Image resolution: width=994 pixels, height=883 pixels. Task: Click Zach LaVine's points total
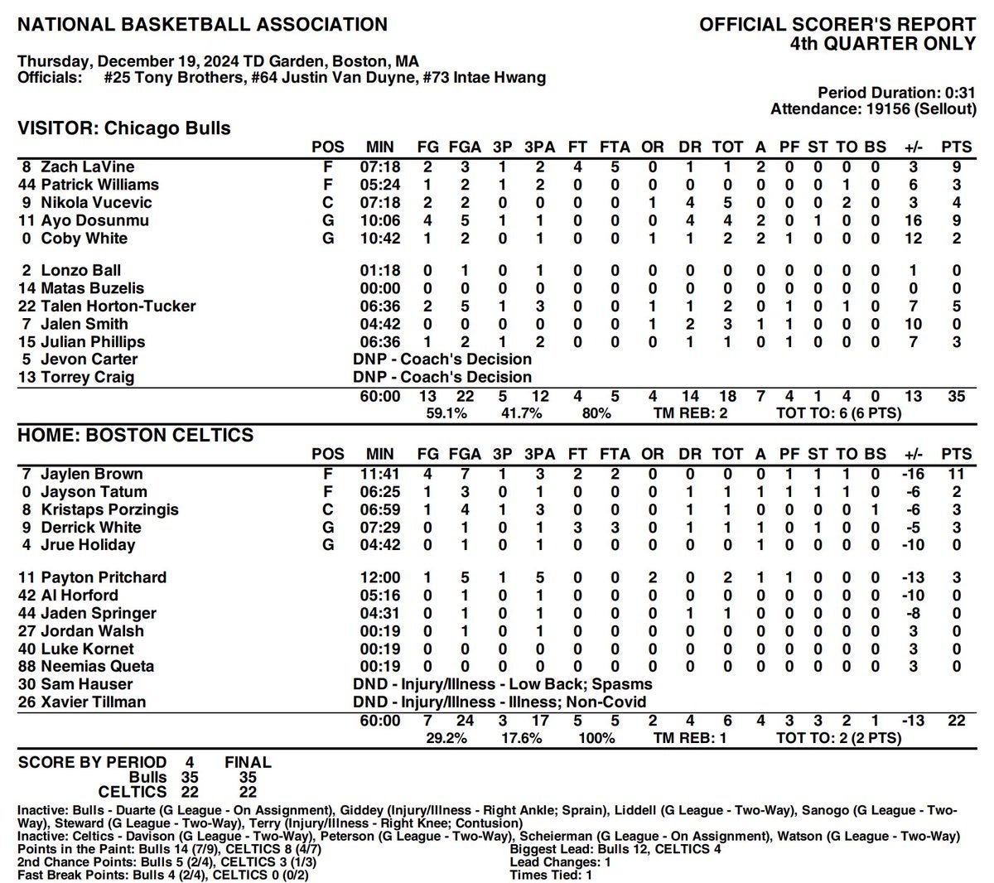coord(957,167)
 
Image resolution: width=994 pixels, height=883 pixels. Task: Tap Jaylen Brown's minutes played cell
coord(380,474)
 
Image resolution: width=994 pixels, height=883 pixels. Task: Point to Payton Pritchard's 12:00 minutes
coord(380,577)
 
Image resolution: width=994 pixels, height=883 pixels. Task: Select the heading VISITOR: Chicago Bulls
coord(124,128)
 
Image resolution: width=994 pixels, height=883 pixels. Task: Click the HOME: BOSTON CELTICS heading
coord(136,435)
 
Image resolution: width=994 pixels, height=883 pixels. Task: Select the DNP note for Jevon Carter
coord(442,359)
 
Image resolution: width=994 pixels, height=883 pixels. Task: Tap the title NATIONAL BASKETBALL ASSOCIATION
coord(202,25)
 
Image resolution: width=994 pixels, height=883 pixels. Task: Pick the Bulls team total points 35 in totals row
coord(957,396)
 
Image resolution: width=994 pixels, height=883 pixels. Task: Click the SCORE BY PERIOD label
coord(92,762)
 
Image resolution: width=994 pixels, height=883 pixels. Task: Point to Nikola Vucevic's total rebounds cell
coord(727,203)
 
